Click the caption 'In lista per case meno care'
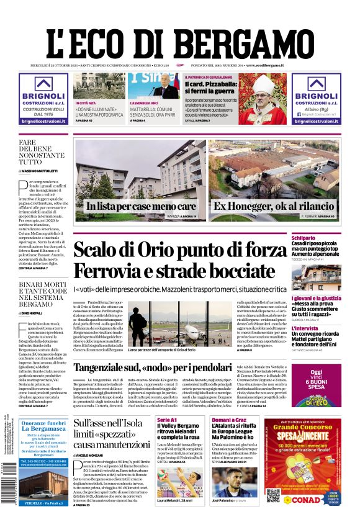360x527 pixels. pyautogui.click(x=141, y=206)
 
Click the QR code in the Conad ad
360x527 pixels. pyautogui.click(x=272, y=495)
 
